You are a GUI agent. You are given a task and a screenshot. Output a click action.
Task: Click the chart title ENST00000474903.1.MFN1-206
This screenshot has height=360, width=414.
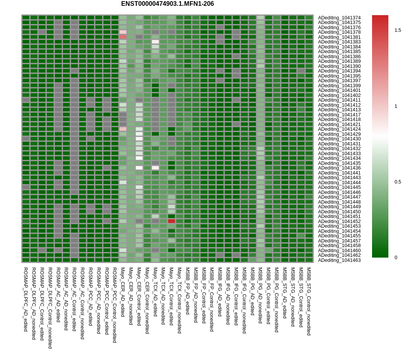pyautogui.click(x=167, y=4)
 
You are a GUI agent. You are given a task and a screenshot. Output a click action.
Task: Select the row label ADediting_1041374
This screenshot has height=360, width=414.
pyautogui.click(x=339, y=18)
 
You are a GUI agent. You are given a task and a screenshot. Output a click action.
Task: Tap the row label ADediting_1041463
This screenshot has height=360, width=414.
pyautogui.click(x=339, y=260)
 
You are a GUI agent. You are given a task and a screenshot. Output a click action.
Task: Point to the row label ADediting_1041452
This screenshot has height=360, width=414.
pyautogui.click(x=339, y=222)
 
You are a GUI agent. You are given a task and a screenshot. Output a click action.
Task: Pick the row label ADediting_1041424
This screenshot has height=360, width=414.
pyautogui.click(x=339, y=129)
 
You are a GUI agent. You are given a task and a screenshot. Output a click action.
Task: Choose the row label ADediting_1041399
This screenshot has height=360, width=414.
pyautogui.click(x=339, y=86)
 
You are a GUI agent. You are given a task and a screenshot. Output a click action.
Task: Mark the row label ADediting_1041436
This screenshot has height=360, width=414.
pyautogui.click(x=339, y=168)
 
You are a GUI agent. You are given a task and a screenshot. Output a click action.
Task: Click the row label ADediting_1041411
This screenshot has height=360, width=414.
pyautogui.click(x=339, y=100)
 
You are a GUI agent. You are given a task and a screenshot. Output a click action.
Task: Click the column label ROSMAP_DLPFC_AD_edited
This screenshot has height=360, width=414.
pyautogui.click(x=26, y=299)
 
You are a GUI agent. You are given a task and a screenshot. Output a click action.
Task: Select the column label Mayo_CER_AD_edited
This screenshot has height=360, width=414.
pyautogui.click(x=123, y=292)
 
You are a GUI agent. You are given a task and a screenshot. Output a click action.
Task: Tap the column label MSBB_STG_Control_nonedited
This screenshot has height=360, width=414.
pyautogui.click(x=309, y=301)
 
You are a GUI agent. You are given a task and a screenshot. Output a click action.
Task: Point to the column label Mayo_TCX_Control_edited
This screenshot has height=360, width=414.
pyautogui.click(x=171, y=296)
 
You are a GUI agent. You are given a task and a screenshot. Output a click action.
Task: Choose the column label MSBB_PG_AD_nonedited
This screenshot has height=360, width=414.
pyautogui.click(x=260, y=295)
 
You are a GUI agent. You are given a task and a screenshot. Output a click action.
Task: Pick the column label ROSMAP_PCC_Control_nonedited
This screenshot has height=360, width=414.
pyautogui.click(x=115, y=305)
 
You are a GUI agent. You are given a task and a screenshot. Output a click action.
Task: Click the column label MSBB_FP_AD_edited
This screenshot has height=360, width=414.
pyautogui.click(x=188, y=291)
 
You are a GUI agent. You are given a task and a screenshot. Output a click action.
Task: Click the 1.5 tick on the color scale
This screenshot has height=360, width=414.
pyautogui.click(x=398, y=30)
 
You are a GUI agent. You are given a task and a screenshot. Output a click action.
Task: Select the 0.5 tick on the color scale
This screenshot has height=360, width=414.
pyautogui.click(x=398, y=182)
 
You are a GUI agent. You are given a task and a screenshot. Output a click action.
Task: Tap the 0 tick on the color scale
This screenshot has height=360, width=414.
pyautogui.click(x=396, y=258)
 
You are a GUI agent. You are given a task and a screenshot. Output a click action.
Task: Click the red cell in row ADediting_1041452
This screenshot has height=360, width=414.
pyautogui.click(x=171, y=221)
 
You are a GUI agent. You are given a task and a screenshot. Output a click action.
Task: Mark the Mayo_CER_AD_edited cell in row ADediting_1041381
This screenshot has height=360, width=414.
pyautogui.click(x=123, y=37)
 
